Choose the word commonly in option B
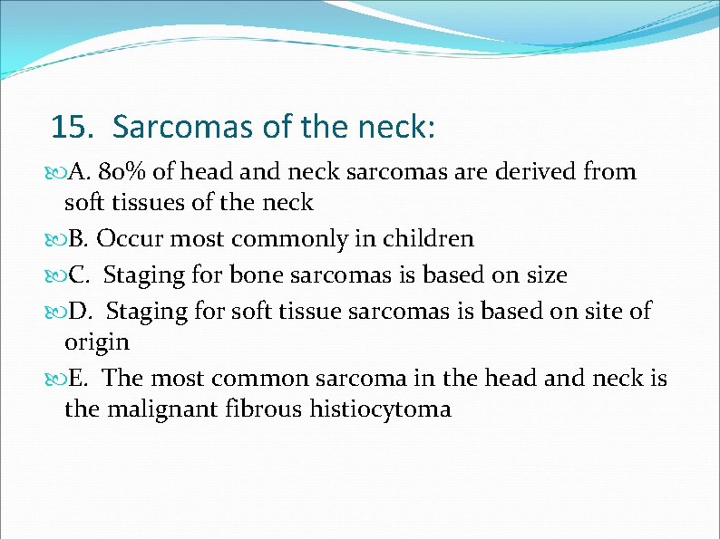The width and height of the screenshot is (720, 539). [x=274, y=239]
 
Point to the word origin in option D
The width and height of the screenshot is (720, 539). [x=97, y=343]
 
